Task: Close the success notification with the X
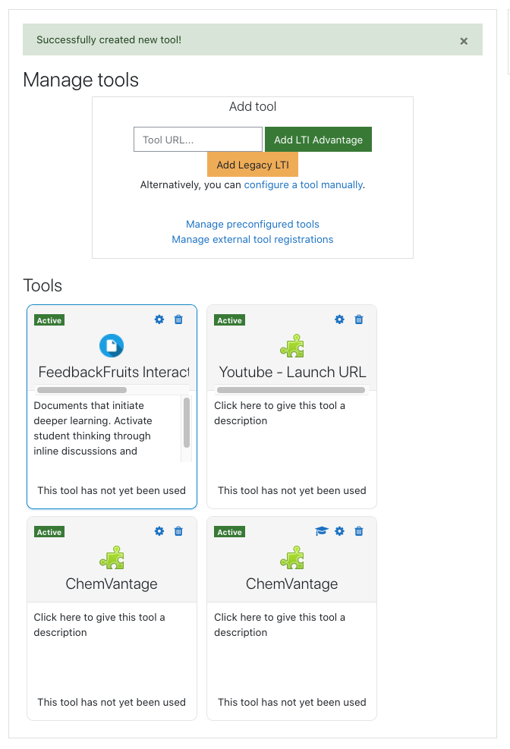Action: (x=464, y=41)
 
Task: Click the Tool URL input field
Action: (x=197, y=140)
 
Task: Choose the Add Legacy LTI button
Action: (x=253, y=165)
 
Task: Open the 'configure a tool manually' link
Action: (x=304, y=185)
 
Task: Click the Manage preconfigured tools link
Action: (x=253, y=224)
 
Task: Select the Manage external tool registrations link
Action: (x=253, y=239)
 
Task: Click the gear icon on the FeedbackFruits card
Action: (x=159, y=319)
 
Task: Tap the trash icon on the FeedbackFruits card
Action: (x=178, y=319)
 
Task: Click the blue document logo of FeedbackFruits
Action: (x=112, y=346)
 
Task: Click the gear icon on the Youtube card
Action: (x=339, y=319)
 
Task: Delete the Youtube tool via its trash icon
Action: (x=359, y=319)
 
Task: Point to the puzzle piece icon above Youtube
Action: (x=292, y=346)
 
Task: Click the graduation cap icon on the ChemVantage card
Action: (x=322, y=531)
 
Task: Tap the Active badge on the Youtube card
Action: (x=230, y=320)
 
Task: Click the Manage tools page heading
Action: (x=80, y=80)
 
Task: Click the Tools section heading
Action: (x=42, y=285)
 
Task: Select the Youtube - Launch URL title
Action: (x=292, y=372)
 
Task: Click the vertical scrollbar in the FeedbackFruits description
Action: (x=187, y=423)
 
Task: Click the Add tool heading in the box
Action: (x=253, y=106)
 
